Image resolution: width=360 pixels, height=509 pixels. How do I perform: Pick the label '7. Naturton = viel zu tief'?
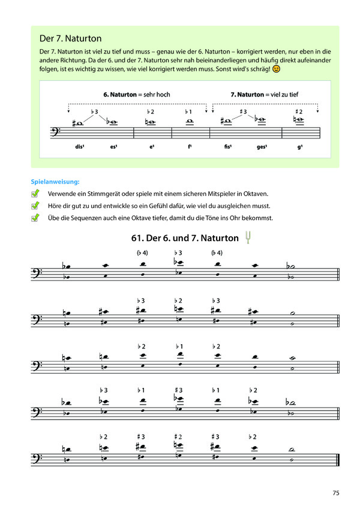(265, 95)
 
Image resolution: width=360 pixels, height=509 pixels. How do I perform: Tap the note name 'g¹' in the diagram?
(299, 146)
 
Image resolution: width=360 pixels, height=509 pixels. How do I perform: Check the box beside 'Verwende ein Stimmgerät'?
(36, 194)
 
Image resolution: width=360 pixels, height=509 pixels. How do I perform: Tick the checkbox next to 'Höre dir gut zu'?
(36, 206)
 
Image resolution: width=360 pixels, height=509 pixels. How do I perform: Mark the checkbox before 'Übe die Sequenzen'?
(36, 218)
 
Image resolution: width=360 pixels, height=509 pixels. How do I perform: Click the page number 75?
(336, 493)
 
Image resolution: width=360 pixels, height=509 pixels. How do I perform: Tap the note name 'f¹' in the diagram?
(188, 146)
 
